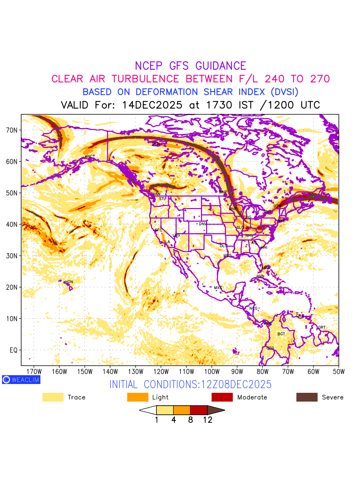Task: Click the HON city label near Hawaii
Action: click(x=69, y=282)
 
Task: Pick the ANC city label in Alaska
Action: click(x=89, y=156)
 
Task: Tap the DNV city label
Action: click(x=203, y=224)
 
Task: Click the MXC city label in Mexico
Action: click(x=218, y=288)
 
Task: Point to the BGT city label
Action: click(x=281, y=334)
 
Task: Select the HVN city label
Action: click(x=260, y=276)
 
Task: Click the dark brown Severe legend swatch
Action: click(x=307, y=397)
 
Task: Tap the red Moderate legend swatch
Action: click(x=222, y=397)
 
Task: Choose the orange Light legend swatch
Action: click(x=138, y=397)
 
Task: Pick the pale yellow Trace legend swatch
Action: click(x=53, y=397)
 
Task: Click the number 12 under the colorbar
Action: click(x=207, y=420)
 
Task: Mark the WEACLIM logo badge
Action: click(x=21, y=380)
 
